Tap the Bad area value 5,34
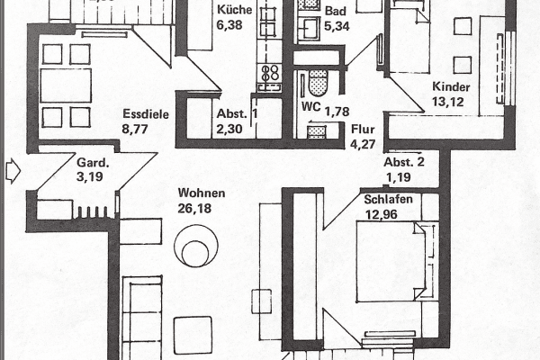tap(312, 26)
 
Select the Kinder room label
tap(450, 86)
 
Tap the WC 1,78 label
tap(324, 112)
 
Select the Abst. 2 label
tap(403, 162)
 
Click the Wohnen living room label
tap(202, 193)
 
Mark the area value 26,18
tap(201, 209)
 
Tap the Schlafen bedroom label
tap(389, 199)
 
